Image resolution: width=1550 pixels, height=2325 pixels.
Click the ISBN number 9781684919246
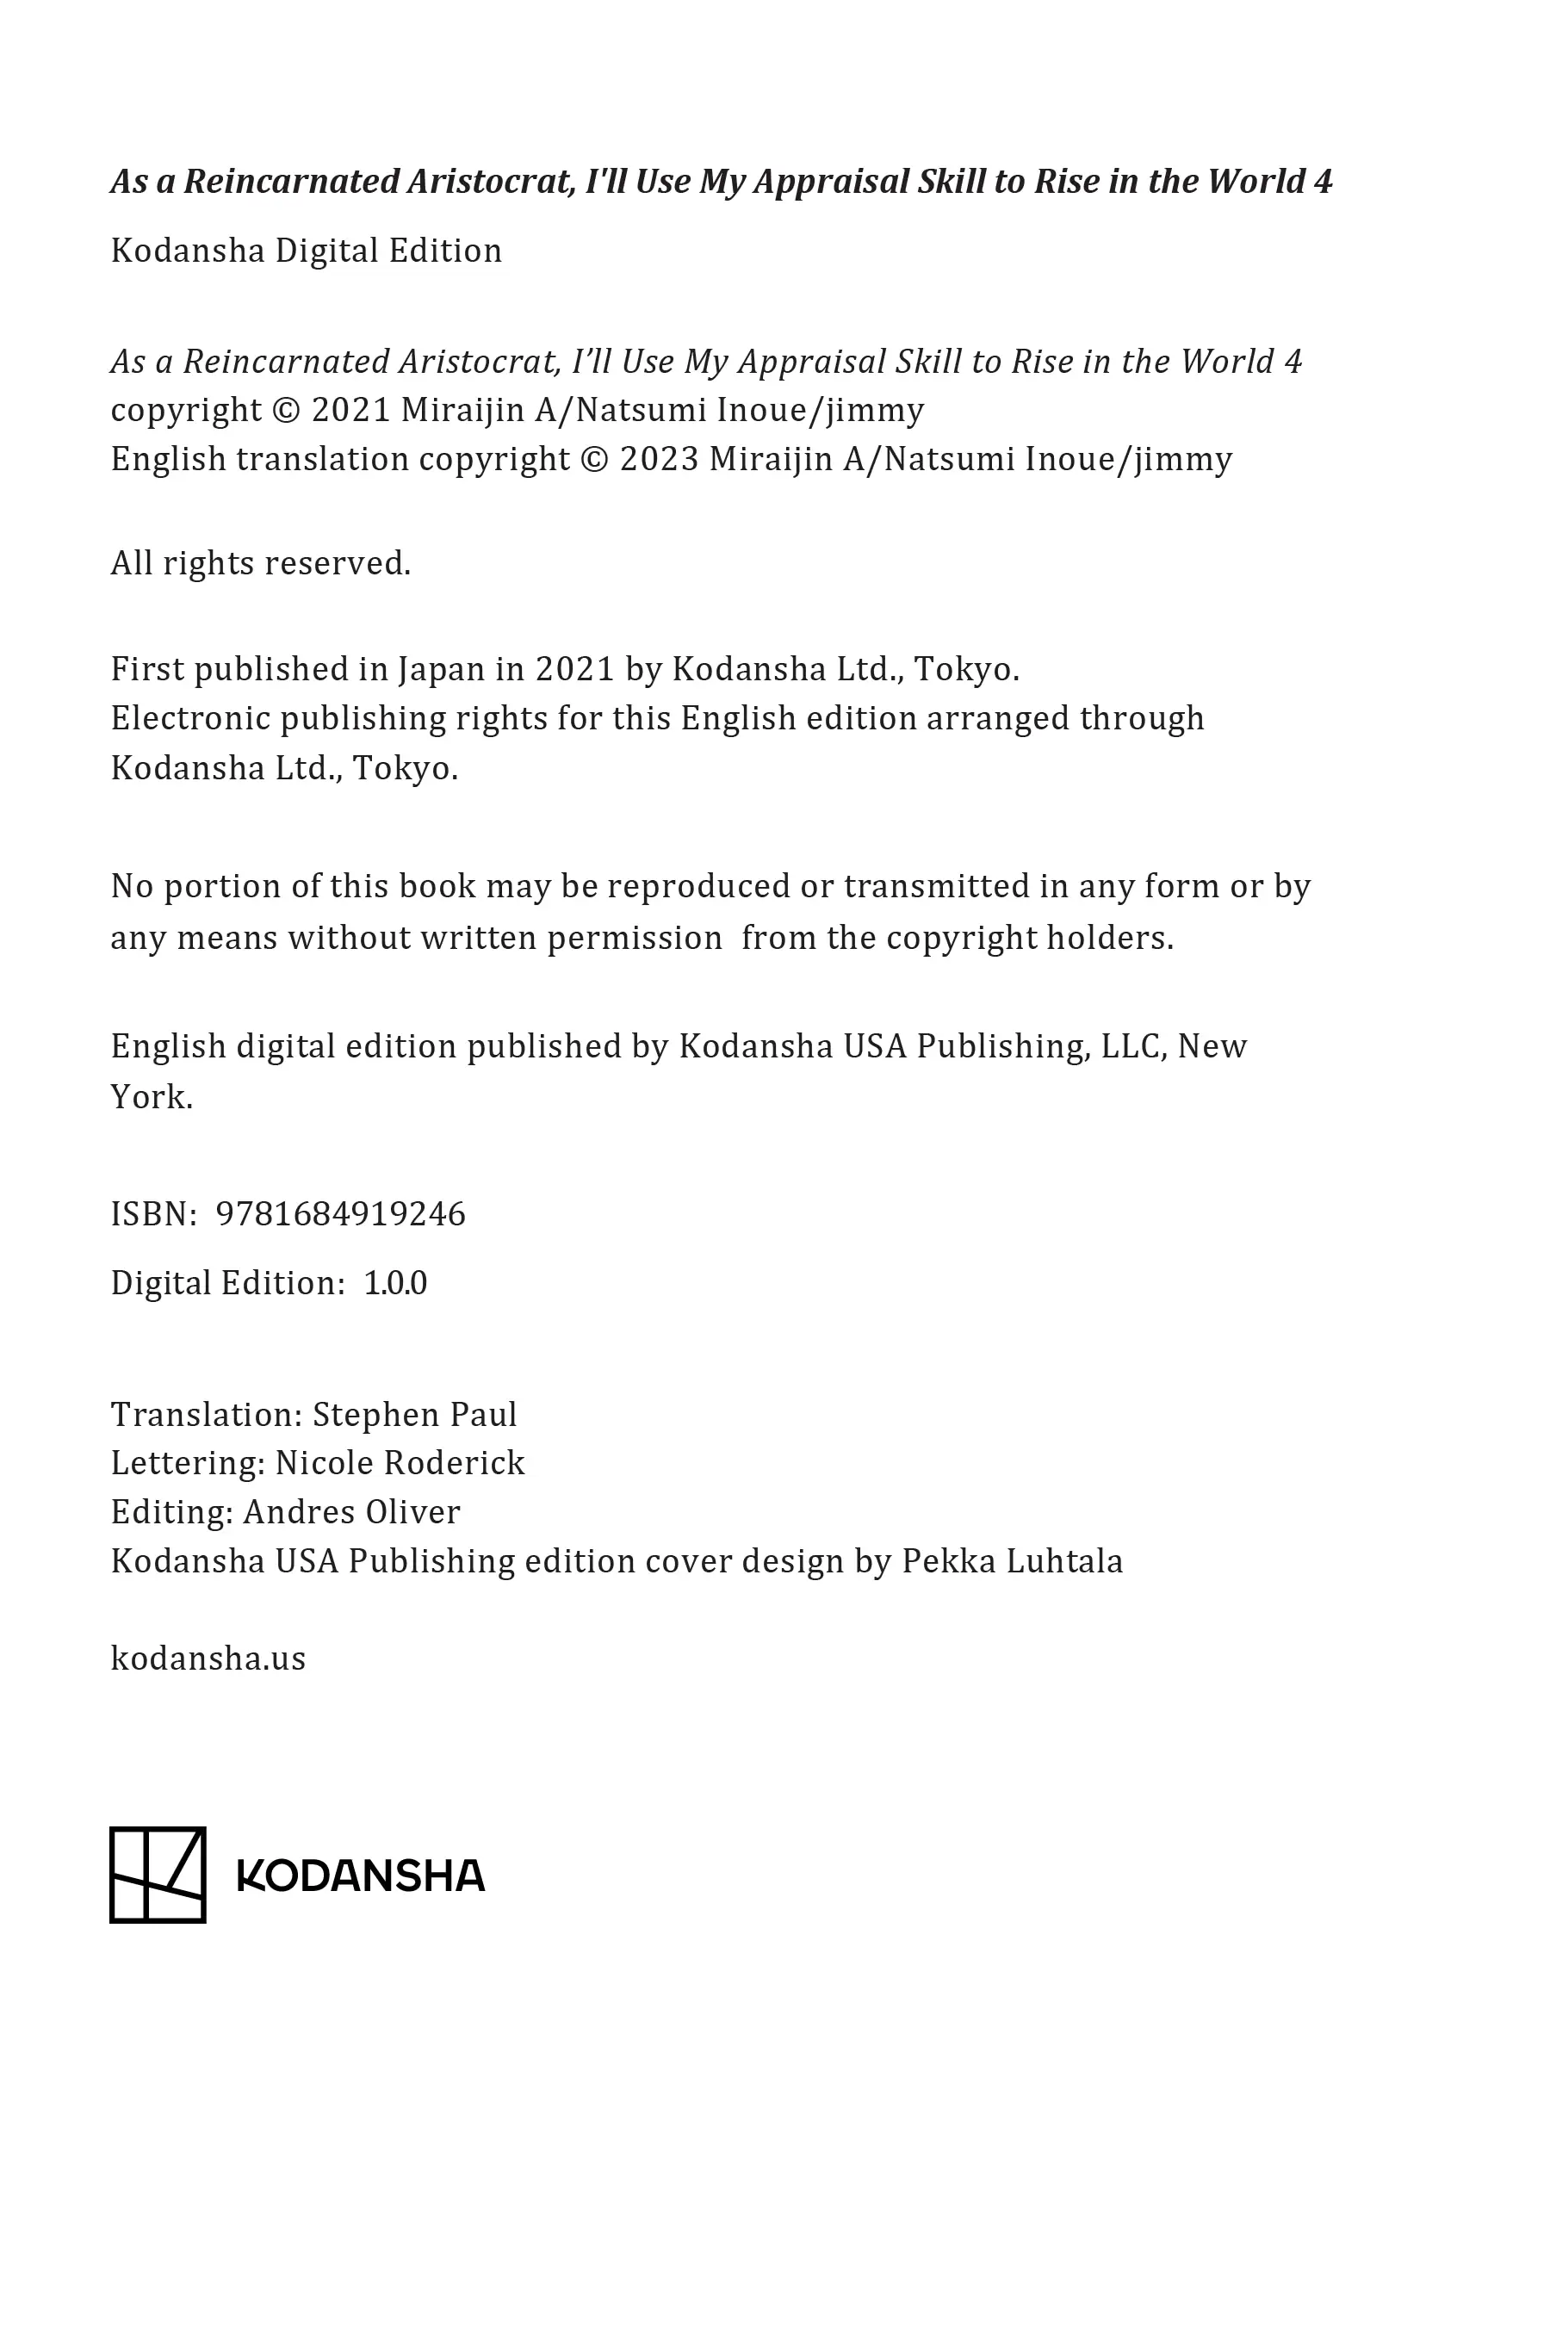pyautogui.click(x=340, y=1214)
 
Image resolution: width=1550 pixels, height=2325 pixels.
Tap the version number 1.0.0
pyautogui.click(x=395, y=1283)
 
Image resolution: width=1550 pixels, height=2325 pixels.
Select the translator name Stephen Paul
pyautogui.click(x=414, y=1415)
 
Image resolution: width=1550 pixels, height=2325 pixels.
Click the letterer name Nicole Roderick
pyautogui.click(x=400, y=1463)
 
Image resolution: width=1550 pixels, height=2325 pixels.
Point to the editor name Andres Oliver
pyautogui.click(x=352, y=1512)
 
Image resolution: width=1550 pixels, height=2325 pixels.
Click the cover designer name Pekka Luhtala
pyautogui.click(x=1013, y=1562)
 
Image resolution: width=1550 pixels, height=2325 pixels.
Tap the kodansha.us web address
pyautogui.click(x=208, y=1658)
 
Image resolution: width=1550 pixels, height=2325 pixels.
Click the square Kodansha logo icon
pyautogui.click(x=158, y=1875)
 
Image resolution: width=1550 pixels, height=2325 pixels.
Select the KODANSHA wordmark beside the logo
pyautogui.click(x=361, y=1876)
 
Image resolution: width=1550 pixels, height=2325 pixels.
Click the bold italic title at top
pyautogui.click(x=722, y=182)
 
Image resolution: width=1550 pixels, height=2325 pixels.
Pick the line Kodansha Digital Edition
pyautogui.click(x=307, y=251)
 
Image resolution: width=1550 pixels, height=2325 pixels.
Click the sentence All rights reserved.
pyautogui.click(x=261, y=563)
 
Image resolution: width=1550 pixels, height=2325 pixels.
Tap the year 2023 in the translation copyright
pyautogui.click(x=660, y=460)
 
